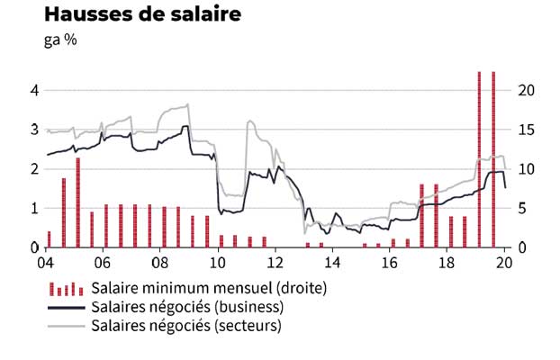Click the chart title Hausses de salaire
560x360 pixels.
(x=141, y=15)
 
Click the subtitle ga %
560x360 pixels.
(x=59, y=41)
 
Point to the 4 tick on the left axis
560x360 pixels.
(x=32, y=90)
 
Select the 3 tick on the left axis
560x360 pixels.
(x=32, y=130)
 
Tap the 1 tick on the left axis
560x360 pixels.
(x=32, y=208)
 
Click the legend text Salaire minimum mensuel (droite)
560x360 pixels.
(x=208, y=289)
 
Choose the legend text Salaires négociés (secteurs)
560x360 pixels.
(x=186, y=326)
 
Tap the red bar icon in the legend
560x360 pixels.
(x=66, y=289)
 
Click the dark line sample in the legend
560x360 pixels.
(x=66, y=308)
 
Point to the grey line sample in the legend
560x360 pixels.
(x=66, y=326)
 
